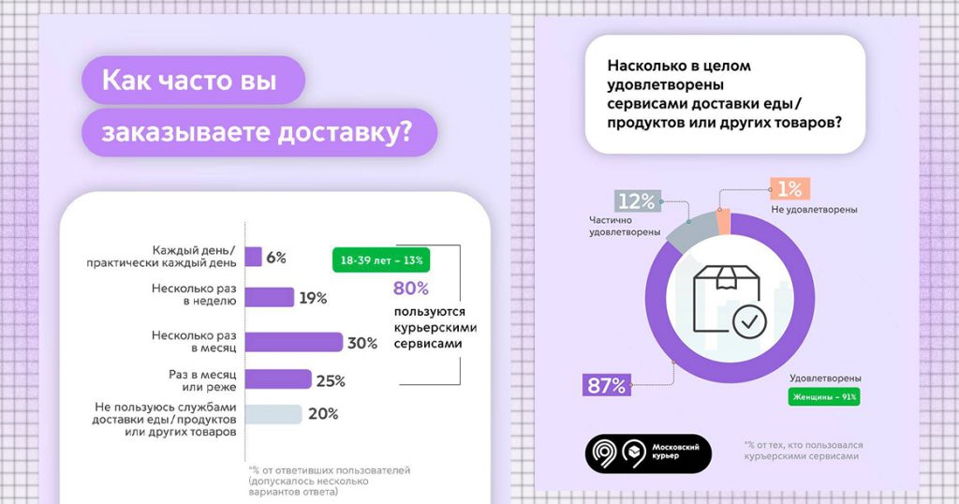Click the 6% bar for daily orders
(254, 257)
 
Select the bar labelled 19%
(269, 298)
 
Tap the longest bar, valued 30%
(294, 342)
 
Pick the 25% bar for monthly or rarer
(278, 379)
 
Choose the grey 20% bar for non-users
(273, 414)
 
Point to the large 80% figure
(410, 288)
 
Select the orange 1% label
(789, 189)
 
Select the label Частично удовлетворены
(626, 225)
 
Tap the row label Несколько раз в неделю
(193, 296)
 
